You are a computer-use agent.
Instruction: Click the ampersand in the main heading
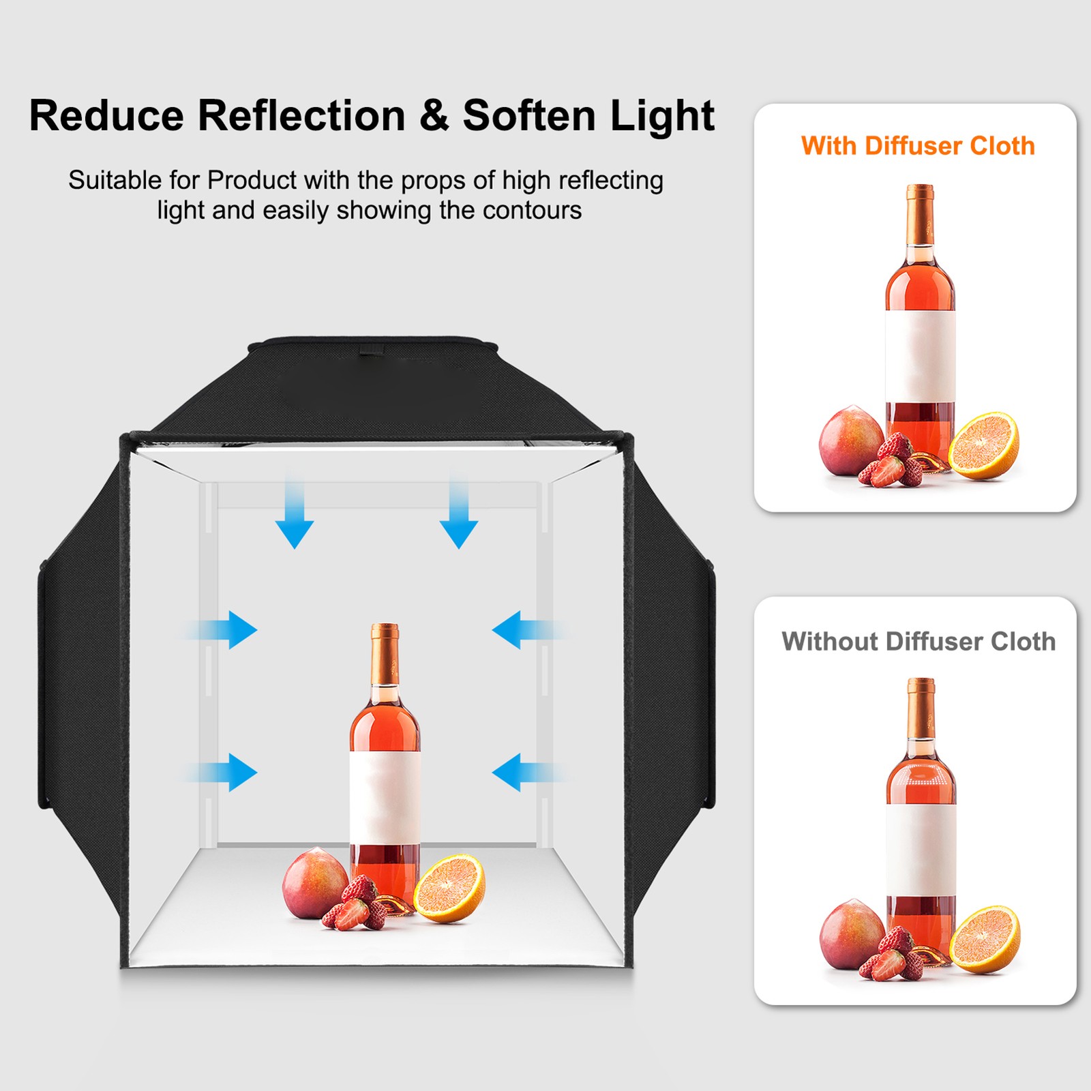(x=434, y=115)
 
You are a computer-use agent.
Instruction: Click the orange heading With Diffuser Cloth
(x=918, y=146)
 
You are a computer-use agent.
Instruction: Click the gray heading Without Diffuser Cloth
(x=918, y=642)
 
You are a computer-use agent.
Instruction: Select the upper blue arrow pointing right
(x=222, y=630)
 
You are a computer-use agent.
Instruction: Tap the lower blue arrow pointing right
(x=222, y=773)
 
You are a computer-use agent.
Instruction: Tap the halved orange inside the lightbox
(x=450, y=888)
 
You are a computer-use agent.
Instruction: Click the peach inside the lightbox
(x=315, y=883)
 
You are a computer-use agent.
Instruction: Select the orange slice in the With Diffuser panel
(x=985, y=446)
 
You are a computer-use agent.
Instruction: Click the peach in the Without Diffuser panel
(x=852, y=935)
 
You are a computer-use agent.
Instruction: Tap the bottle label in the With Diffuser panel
(x=920, y=356)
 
